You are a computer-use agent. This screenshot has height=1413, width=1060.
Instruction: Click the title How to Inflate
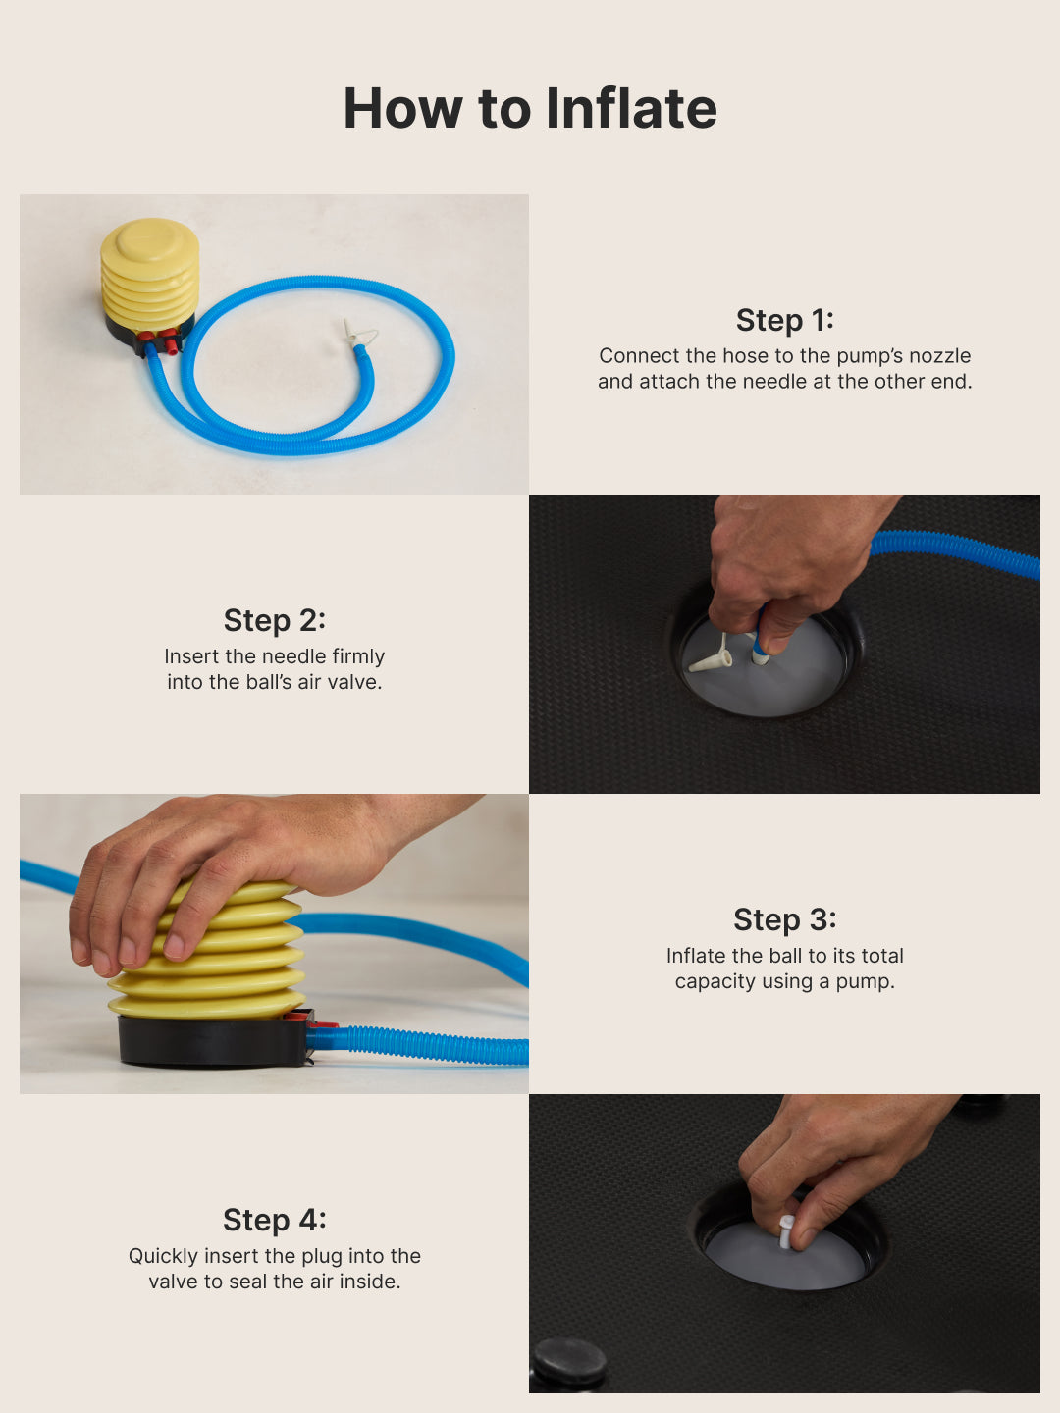click(530, 108)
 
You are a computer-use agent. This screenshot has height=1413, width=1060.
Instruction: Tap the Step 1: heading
click(784, 320)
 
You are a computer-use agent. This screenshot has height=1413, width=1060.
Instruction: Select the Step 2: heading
click(275, 620)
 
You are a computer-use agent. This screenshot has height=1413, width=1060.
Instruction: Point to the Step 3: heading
click(784, 919)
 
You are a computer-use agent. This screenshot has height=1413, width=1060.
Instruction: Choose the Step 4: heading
click(275, 1220)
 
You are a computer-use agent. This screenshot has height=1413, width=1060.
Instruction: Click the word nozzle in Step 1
click(939, 355)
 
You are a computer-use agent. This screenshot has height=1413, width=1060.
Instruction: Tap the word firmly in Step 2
click(358, 656)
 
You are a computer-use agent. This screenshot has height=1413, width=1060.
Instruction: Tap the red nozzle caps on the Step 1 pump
click(159, 339)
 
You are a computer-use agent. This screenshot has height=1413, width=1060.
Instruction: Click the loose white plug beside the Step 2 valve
click(712, 657)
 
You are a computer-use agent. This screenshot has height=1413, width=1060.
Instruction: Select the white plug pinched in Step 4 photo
click(786, 1230)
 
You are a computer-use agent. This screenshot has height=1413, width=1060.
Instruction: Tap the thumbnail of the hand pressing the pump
click(274, 944)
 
